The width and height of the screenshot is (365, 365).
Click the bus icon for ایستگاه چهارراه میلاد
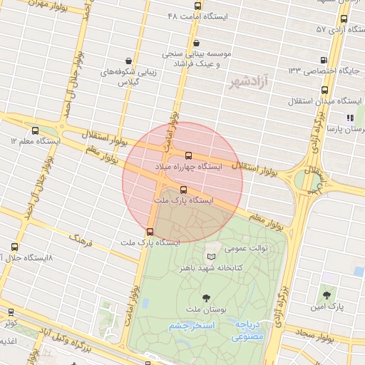pyautogui.click(x=188, y=155)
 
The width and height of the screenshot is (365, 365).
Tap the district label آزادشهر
pyautogui.click(x=242, y=84)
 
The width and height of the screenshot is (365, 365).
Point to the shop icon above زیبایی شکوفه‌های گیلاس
pyautogui.click(x=127, y=61)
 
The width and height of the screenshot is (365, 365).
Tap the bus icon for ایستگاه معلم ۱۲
pyautogui.click(x=36, y=130)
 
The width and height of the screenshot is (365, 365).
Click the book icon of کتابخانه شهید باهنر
pyautogui.click(x=210, y=256)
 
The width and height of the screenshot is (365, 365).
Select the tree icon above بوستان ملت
pyautogui.click(x=206, y=297)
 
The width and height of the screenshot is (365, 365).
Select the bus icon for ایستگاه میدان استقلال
pyautogui.click(x=325, y=91)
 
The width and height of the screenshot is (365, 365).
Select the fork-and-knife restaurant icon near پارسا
pyautogui.click(x=350, y=118)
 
